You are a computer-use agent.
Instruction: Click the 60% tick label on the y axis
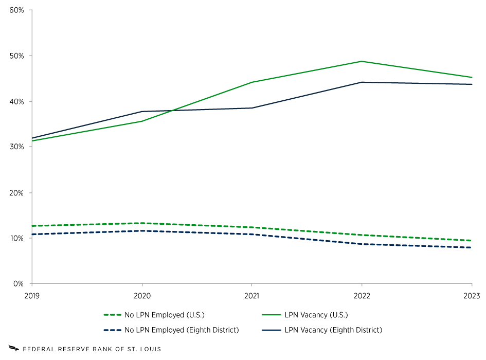pyautogui.click(x=17, y=10)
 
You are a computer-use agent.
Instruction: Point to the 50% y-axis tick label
pyautogui.click(x=17, y=56)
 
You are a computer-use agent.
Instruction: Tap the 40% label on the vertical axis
pyautogui.click(x=17, y=101)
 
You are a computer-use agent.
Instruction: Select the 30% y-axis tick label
pyautogui.click(x=17, y=147)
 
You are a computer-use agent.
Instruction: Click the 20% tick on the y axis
pyautogui.click(x=17, y=193)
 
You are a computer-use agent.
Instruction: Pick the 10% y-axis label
pyautogui.click(x=17, y=238)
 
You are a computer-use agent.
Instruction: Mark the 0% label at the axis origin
pyautogui.click(x=19, y=284)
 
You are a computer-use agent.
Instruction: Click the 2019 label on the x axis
pyautogui.click(x=32, y=296)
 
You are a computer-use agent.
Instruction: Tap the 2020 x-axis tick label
pyautogui.click(x=142, y=296)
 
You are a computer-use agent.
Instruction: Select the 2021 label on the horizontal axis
pyautogui.click(x=251, y=296)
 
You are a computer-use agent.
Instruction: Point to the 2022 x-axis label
pyautogui.click(x=362, y=296)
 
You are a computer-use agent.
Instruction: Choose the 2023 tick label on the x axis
pyautogui.click(x=471, y=296)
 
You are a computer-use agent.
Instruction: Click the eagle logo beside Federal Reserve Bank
pyautogui.click(x=14, y=349)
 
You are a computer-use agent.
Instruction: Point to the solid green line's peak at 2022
pyautogui.click(x=362, y=61)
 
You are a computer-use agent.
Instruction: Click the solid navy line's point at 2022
pyautogui.click(x=362, y=82)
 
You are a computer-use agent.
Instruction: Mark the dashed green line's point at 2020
pyautogui.click(x=142, y=223)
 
